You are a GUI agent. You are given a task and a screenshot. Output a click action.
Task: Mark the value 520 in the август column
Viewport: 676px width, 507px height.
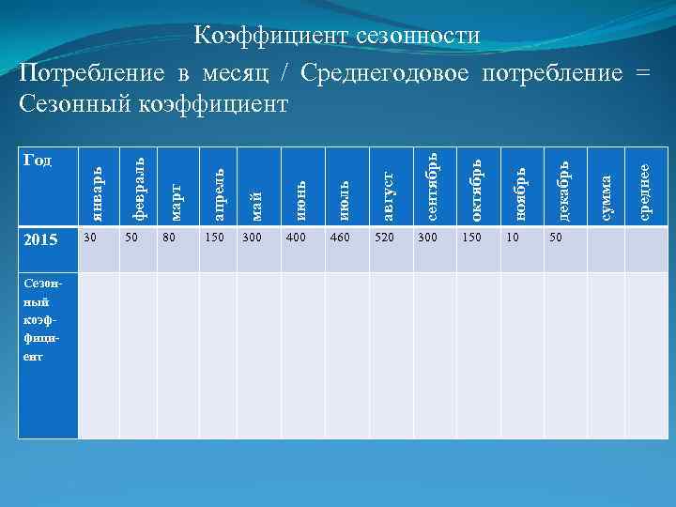386,237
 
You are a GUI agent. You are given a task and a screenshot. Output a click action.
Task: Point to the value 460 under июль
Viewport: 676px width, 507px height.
340,237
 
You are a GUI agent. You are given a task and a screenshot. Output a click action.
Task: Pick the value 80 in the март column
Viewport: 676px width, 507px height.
170,237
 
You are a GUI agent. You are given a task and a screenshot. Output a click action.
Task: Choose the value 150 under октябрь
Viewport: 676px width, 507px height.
470,237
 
